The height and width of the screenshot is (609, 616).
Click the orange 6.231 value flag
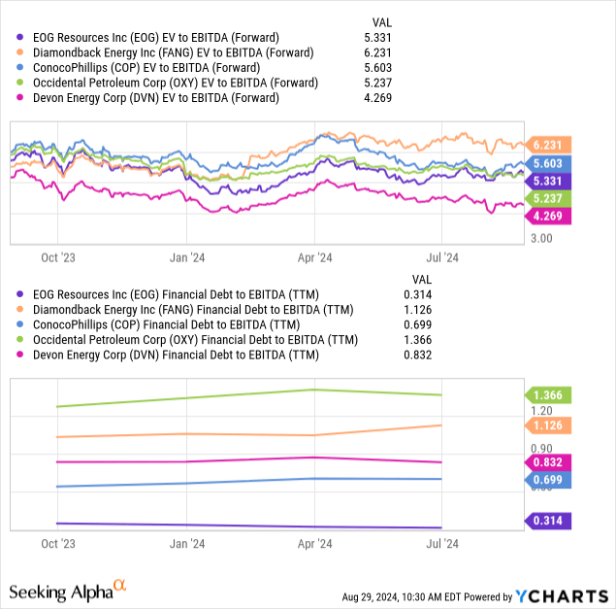pos(550,144)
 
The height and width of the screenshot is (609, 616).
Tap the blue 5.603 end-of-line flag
pos(550,164)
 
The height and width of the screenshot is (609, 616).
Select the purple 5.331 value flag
pos(550,181)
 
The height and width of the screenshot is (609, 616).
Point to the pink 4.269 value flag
pos(550,216)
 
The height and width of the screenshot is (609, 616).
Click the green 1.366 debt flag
pos(550,395)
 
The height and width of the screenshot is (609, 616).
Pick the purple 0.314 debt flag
pos(550,522)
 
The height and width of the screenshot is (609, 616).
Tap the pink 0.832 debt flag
pos(550,462)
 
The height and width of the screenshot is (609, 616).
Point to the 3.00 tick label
pos(542,238)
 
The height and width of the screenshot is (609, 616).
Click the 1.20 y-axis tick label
pos(542,411)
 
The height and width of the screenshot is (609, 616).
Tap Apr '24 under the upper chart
pos(313,257)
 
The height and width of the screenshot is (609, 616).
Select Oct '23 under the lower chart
pos(57,544)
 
